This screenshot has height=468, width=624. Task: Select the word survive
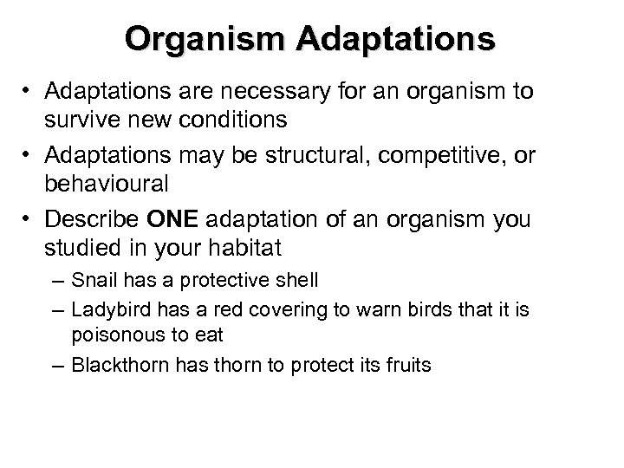85,118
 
